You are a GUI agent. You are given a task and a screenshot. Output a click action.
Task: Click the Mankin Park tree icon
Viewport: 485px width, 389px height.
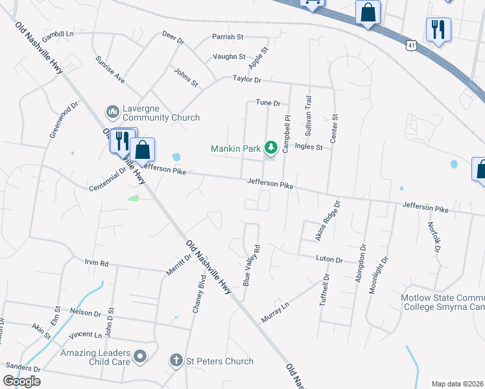(271, 148)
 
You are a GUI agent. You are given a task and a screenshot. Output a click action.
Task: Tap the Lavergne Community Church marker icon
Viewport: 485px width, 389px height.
(112, 112)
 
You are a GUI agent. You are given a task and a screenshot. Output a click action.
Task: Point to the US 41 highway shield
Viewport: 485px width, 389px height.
(411, 45)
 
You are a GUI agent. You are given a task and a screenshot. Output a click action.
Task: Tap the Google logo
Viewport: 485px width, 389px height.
(21, 381)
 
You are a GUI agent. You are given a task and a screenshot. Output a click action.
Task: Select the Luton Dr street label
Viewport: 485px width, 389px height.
(329, 259)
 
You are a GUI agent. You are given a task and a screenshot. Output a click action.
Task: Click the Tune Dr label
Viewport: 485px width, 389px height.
(268, 102)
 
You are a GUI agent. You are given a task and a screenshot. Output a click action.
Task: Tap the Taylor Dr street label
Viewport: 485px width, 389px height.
(247, 80)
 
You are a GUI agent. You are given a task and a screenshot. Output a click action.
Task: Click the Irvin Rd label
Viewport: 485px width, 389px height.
(96, 264)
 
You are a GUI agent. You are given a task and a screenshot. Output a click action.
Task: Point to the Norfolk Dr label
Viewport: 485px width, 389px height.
(433, 237)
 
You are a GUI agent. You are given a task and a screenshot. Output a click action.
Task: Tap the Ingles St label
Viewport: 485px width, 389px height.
(309, 147)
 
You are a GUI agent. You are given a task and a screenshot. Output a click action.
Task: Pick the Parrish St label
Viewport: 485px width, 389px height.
(227, 37)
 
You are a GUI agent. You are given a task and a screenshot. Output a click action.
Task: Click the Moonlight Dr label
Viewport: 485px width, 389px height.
(378, 275)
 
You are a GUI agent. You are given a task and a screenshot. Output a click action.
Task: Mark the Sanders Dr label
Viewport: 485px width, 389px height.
(20, 368)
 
